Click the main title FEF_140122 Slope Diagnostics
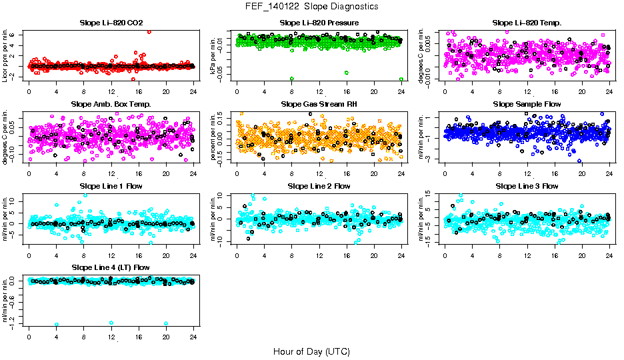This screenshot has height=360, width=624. pyautogui.click(x=311, y=6)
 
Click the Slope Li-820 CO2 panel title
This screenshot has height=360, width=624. pyautogui.click(x=111, y=23)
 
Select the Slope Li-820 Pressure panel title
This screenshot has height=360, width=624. pyautogui.click(x=319, y=23)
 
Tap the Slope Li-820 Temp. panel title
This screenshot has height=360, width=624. pyautogui.click(x=527, y=23)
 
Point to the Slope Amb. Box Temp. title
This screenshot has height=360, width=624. pyautogui.click(x=111, y=104)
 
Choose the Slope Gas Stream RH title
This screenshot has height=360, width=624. pyautogui.click(x=319, y=104)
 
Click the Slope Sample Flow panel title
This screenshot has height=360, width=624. pyautogui.click(x=527, y=104)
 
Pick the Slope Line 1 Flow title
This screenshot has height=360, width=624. pyautogui.click(x=111, y=186)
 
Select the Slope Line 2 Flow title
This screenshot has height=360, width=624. pyautogui.click(x=319, y=186)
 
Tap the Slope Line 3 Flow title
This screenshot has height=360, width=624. pyautogui.click(x=527, y=186)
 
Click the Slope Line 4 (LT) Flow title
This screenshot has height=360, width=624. pyautogui.click(x=111, y=267)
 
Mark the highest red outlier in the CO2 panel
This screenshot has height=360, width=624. pyautogui.click(x=149, y=32)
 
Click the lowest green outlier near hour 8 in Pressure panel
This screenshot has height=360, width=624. pyautogui.click(x=292, y=79)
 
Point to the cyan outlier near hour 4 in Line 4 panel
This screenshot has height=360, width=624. pyautogui.click(x=57, y=324)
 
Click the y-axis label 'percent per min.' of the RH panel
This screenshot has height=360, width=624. pyautogui.click(x=215, y=136)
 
